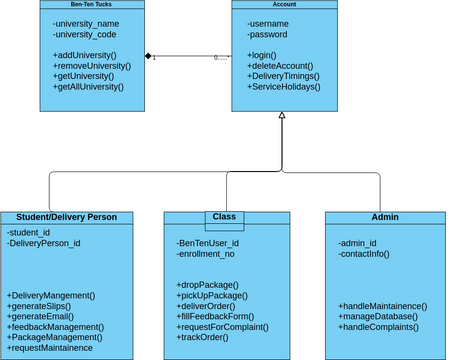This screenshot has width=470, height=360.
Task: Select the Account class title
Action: [283, 5]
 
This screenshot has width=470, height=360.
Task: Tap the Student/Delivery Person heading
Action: [67, 217]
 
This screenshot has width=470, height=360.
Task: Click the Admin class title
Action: [384, 217]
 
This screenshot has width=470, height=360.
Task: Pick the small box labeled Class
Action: [223, 216]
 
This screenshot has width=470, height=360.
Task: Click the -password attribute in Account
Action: [269, 34]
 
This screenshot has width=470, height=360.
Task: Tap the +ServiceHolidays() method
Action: [285, 87]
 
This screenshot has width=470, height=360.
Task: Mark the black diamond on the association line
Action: [147, 54]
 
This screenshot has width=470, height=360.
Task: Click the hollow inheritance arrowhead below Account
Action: [283, 118]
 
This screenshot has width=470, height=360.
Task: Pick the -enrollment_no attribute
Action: [206, 253]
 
